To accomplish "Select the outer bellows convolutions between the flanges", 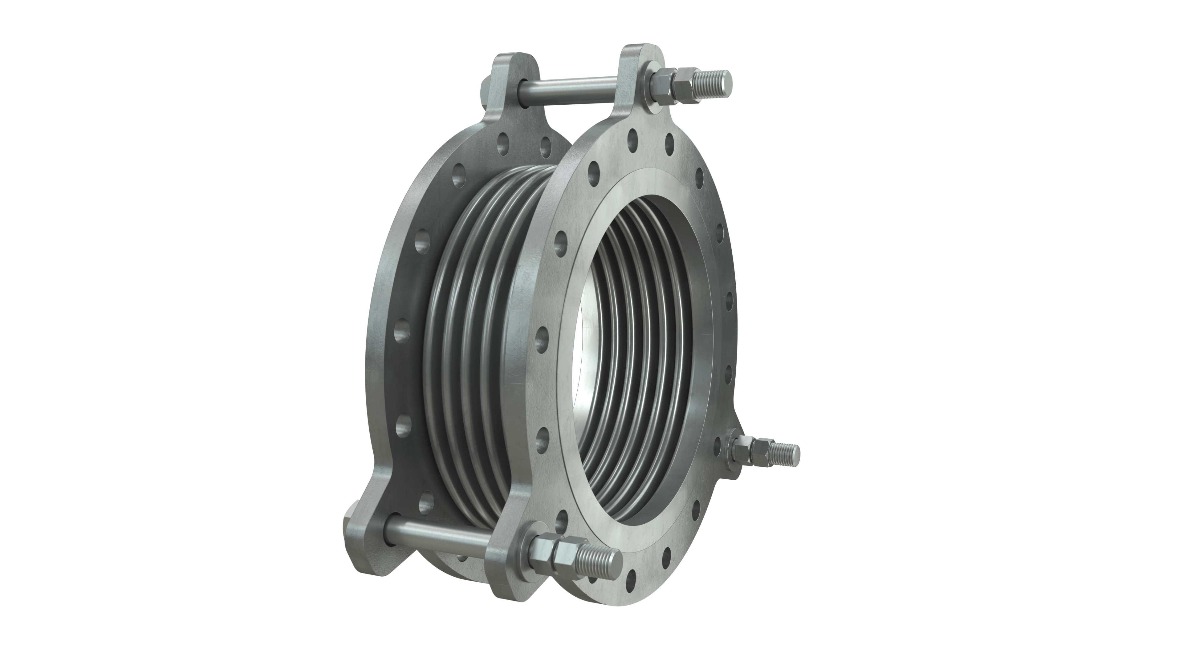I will [478, 321].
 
